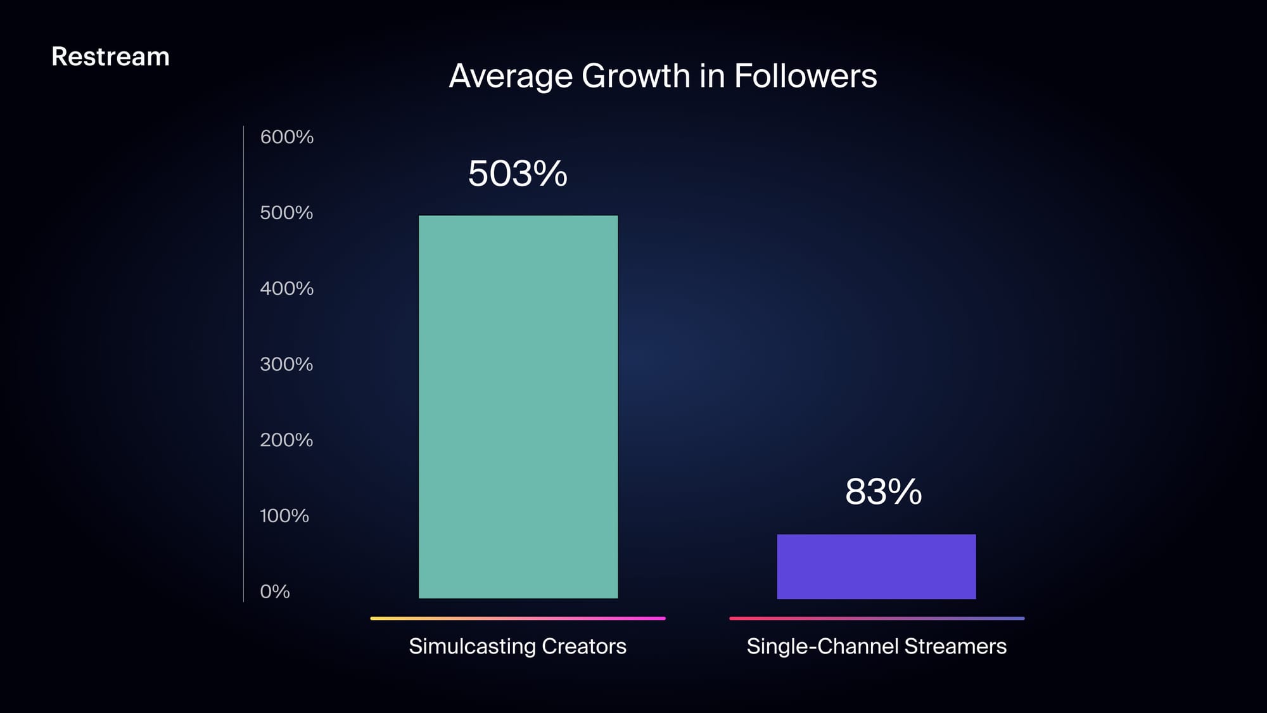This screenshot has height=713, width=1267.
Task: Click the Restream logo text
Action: coord(110,57)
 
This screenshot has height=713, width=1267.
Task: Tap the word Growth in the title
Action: coord(635,77)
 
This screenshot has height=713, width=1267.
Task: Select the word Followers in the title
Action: coord(805,76)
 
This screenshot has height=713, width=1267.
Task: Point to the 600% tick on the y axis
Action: coord(286,137)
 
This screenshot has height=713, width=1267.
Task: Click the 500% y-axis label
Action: coord(286,213)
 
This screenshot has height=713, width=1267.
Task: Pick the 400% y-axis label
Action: coord(286,289)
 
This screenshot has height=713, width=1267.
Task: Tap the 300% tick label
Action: coord(286,364)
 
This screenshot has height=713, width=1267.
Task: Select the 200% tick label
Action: coord(286,440)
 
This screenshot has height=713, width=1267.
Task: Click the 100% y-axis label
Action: coord(284,516)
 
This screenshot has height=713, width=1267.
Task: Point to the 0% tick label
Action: coord(275,592)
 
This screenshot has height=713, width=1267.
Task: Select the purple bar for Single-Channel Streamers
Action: coord(876,567)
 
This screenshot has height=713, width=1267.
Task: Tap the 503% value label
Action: coord(518,174)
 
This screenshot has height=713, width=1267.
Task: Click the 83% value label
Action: coord(883,492)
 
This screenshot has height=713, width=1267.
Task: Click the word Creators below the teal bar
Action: coord(583,646)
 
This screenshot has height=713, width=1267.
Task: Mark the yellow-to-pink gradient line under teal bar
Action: coord(518,618)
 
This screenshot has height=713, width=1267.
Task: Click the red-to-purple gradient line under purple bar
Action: coord(876,618)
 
